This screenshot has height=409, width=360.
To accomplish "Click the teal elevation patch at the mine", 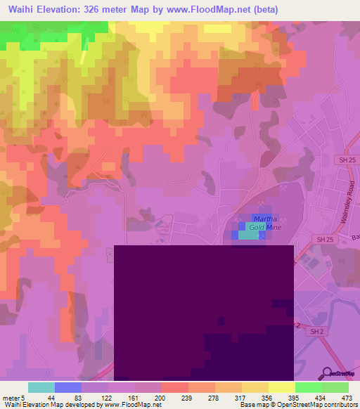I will coord(247,235).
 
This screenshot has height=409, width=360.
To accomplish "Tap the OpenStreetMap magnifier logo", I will coord(328,373).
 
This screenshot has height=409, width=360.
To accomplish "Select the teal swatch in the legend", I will coord(41,387).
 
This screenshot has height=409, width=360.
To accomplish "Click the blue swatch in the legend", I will coord(68,387).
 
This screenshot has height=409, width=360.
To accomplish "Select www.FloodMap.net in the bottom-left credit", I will coord(131,405).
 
